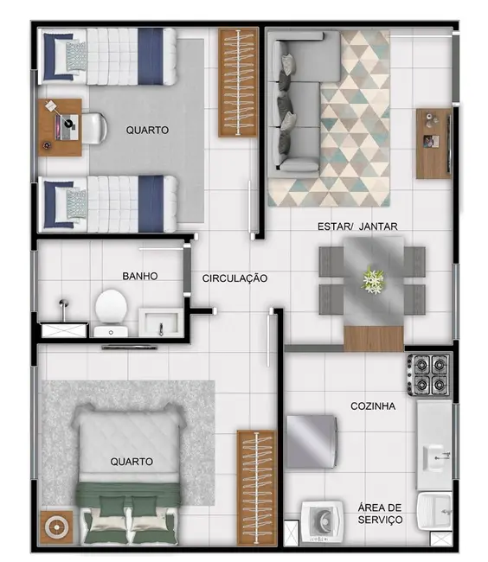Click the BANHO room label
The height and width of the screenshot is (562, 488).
[x=139, y=277]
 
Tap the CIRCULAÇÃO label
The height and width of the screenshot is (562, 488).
[x=234, y=278]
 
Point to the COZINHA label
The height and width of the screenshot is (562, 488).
[x=373, y=406]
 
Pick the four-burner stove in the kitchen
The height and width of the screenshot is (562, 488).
[x=429, y=374]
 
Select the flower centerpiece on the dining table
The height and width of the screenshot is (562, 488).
[x=373, y=280]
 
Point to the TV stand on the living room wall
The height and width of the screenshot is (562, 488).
[x=433, y=143]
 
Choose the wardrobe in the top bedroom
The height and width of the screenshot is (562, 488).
[x=239, y=82]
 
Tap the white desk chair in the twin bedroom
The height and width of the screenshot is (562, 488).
[x=92, y=128]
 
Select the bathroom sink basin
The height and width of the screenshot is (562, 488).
[x=161, y=323]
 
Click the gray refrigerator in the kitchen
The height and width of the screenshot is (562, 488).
[x=311, y=441]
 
